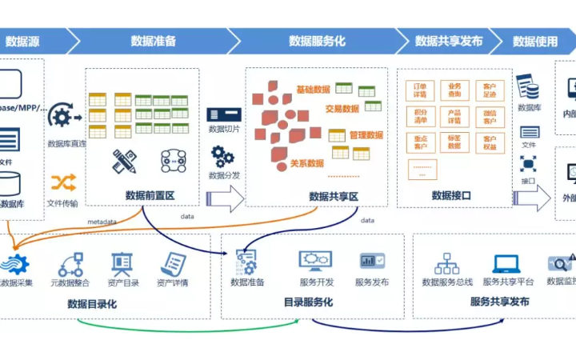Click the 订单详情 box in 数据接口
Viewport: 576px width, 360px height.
[421, 90]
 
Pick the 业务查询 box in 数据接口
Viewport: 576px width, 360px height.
[454, 90]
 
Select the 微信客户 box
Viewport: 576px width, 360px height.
[489, 117]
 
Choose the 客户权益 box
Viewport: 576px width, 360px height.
[489, 142]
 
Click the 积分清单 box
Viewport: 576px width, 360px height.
[421, 117]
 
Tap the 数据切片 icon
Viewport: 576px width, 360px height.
[224, 114]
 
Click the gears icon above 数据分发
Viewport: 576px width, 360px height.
[222, 156]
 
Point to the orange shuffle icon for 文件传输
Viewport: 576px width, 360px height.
[63, 182]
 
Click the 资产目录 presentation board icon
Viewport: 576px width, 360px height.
[122, 263]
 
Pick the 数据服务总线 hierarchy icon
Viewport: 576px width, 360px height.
[446, 263]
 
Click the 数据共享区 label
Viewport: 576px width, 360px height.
[333, 196]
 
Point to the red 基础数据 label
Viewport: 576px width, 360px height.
[313, 90]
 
